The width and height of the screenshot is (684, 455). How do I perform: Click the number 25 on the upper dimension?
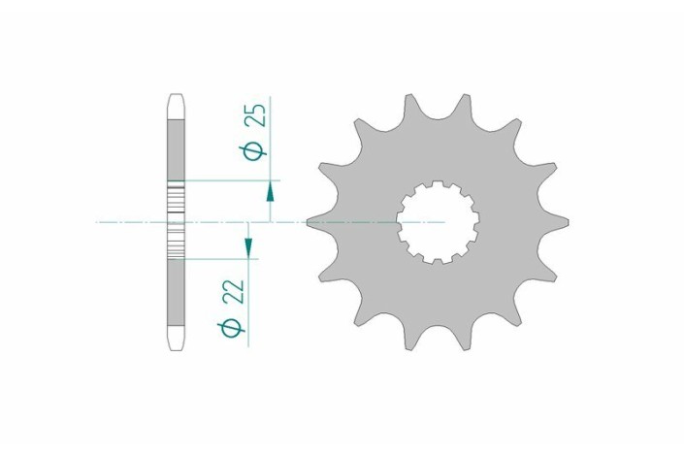pos(257,116)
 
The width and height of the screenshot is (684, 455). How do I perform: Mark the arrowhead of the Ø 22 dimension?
pos(248,250)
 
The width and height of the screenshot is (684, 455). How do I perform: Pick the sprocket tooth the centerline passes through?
pos(315,222)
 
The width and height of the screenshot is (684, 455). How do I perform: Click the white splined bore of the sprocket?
pos(439,222)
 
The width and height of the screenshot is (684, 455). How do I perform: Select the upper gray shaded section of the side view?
pos(175,146)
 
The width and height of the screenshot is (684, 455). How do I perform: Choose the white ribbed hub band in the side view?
pos(175,219)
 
